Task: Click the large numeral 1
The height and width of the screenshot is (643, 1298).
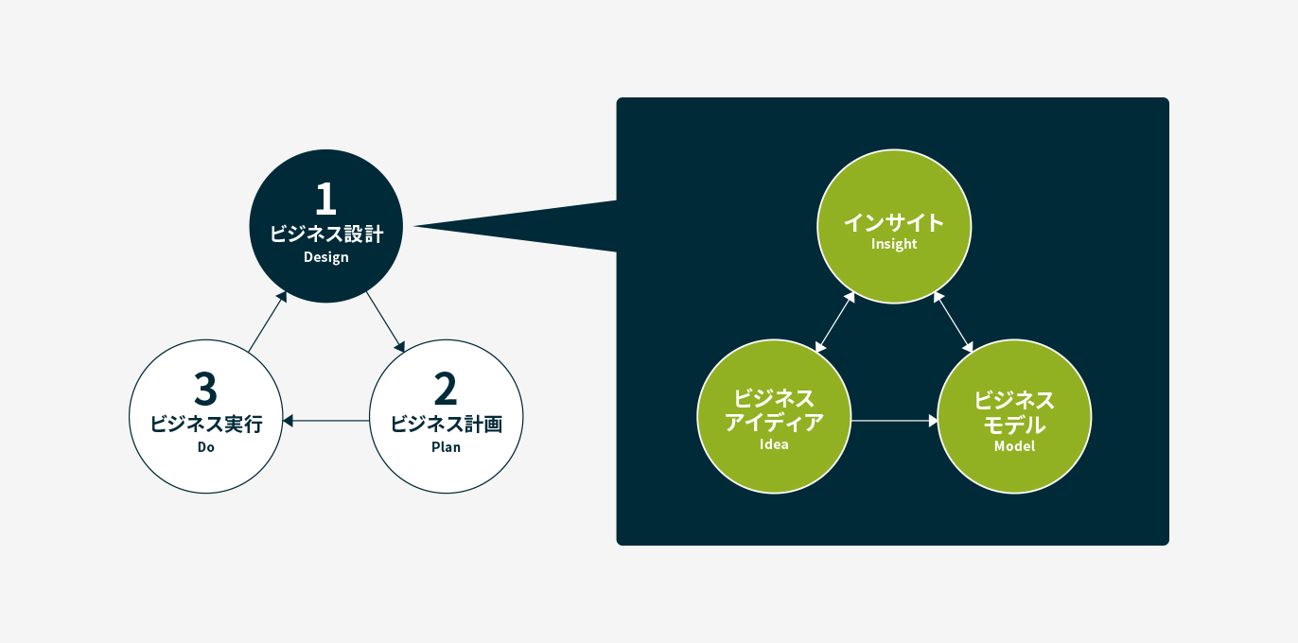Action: click(x=325, y=199)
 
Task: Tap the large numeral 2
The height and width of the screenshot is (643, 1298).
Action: click(x=446, y=389)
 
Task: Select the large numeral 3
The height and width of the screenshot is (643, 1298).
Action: click(x=205, y=389)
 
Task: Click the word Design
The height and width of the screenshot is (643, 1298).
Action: click(x=326, y=257)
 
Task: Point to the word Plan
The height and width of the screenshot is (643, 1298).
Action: click(x=447, y=447)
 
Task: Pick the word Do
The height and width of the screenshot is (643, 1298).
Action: click(x=205, y=447)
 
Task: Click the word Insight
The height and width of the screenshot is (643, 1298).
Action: click(x=894, y=244)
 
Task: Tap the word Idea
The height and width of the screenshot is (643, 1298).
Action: click(x=774, y=444)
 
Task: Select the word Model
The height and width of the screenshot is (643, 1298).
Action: click(x=1014, y=446)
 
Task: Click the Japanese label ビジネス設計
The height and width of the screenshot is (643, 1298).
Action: click(x=326, y=234)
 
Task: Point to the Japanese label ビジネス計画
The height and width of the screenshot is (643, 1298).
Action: click(x=447, y=424)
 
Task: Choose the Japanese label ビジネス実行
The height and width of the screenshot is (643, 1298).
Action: click(x=205, y=424)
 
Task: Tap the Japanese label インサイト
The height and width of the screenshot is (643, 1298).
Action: click(x=894, y=223)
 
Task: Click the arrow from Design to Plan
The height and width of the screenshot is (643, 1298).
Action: click(x=385, y=322)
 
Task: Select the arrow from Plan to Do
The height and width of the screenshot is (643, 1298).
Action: click(x=325, y=421)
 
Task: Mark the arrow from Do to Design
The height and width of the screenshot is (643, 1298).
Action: click(x=268, y=321)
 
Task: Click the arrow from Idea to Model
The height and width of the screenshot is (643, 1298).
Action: click(x=895, y=421)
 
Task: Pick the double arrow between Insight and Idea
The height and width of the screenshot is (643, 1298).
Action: click(x=835, y=322)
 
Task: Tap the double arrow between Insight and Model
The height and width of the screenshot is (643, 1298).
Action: click(x=954, y=322)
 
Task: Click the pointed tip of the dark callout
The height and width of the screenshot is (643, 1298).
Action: click(x=413, y=226)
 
